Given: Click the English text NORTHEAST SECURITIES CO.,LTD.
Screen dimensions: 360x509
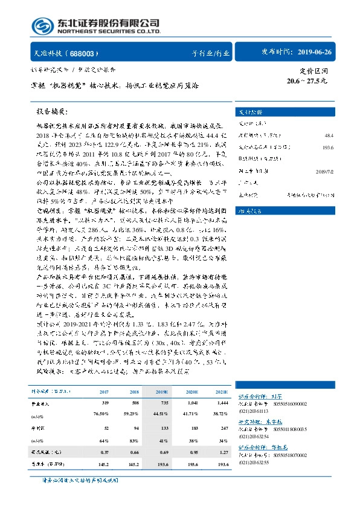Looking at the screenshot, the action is (108, 32).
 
